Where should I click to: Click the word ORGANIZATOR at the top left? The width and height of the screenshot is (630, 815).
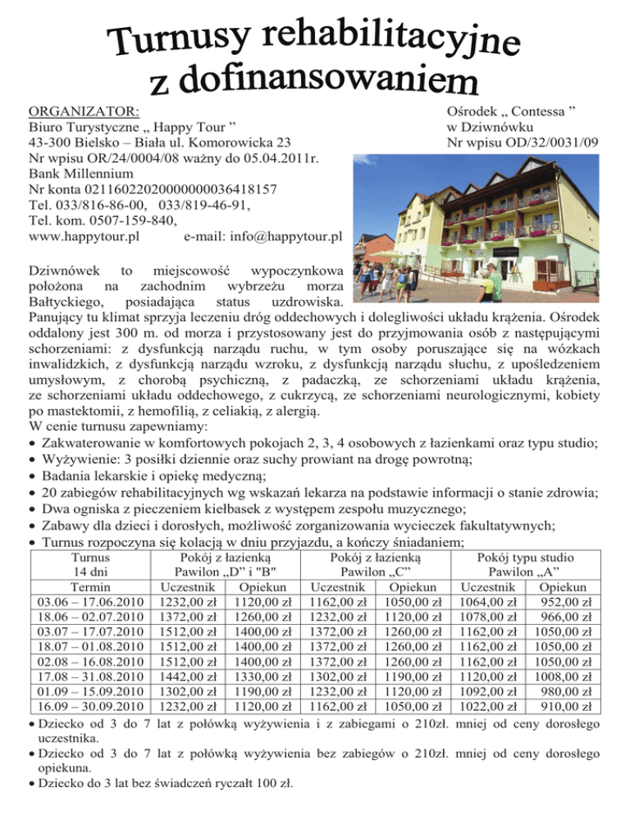pyautogui.click(x=83, y=111)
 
